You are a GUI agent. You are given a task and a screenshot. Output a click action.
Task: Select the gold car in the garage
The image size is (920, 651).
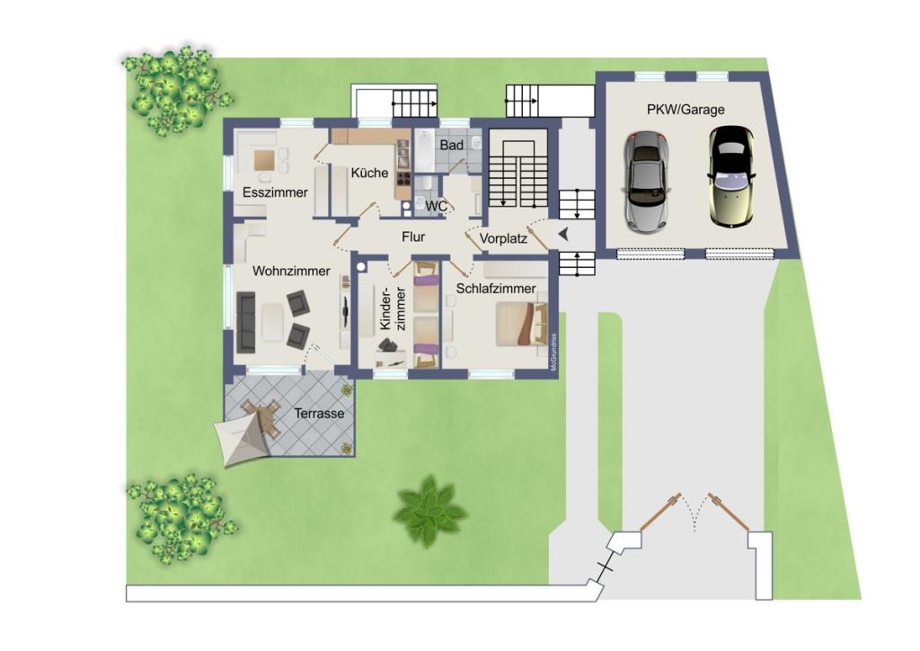730,176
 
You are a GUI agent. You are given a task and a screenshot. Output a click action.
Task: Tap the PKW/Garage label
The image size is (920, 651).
686,110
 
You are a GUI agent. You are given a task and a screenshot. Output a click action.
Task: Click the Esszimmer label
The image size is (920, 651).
275,192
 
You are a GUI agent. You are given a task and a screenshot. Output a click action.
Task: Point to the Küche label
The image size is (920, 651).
369,173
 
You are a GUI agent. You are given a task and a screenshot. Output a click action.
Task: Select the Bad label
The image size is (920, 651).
451,145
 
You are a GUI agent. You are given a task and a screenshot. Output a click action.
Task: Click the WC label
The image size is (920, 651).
437,206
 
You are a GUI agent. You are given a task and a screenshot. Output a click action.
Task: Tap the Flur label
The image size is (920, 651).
412,237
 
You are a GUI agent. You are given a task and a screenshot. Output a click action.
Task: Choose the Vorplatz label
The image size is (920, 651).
502,238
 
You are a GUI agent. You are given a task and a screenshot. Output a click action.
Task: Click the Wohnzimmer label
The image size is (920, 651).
290,271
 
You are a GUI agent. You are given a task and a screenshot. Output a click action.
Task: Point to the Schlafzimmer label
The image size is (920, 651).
496,289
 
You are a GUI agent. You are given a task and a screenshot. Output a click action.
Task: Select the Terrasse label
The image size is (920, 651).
319,415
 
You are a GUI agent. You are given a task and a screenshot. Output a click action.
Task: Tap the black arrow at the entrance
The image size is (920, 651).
563,235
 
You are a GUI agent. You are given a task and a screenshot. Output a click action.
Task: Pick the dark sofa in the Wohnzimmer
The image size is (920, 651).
245,321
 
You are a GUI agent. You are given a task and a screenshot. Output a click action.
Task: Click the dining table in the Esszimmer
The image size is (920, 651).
265,160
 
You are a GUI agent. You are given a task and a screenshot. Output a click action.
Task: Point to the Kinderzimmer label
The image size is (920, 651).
394,311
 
